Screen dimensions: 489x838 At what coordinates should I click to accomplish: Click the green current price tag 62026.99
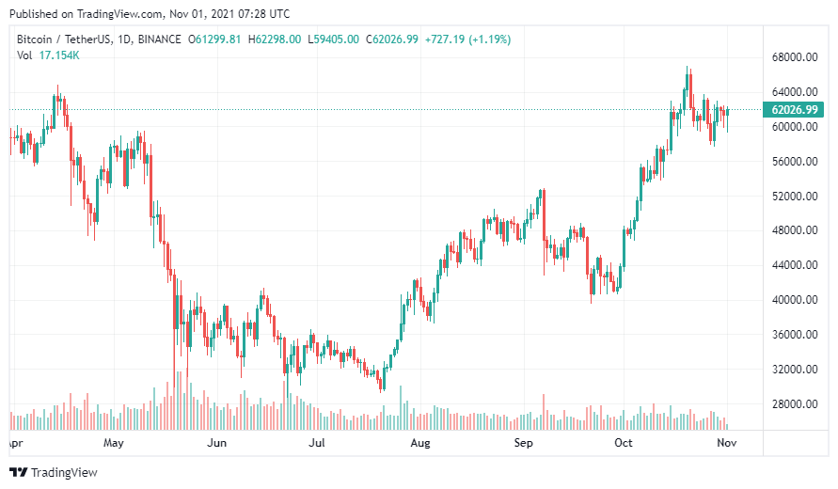[795, 110]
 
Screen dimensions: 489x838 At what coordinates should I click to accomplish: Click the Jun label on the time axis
[217, 442]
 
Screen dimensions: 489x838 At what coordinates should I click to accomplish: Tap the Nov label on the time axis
[727, 442]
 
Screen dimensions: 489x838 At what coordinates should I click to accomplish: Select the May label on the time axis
[114, 442]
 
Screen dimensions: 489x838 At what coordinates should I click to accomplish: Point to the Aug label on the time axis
[420, 442]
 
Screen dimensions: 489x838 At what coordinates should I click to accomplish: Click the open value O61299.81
[215, 39]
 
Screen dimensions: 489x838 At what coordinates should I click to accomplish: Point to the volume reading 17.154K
[59, 55]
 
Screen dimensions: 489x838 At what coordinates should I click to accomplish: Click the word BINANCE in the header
[156, 39]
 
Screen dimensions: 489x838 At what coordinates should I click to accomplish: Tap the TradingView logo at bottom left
[54, 472]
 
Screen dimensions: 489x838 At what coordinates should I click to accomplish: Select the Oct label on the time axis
[623, 442]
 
